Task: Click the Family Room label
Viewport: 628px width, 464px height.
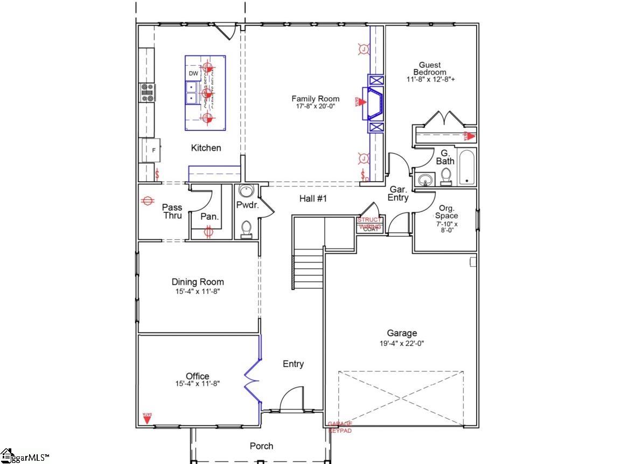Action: coord(315,99)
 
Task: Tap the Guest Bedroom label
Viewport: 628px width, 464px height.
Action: coord(429,68)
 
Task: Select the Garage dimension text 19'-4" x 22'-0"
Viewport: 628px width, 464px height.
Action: coord(402,343)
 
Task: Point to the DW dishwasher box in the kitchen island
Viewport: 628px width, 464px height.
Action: coord(193,74)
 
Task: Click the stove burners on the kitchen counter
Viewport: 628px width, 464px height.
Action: coord(146,93)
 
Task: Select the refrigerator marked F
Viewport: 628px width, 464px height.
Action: coord(150,150)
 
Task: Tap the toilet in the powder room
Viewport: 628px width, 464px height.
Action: coord(246,229)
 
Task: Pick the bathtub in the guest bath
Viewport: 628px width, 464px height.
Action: coord(467,168)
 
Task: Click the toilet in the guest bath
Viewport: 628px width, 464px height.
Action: coord(446,176)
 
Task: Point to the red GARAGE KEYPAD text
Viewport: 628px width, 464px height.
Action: coord(340,427)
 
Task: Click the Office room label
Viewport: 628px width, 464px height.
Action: coord(197,376)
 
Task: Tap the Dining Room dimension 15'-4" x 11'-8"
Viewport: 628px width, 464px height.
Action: coord(197,291)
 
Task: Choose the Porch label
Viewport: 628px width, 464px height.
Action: coord(261,446)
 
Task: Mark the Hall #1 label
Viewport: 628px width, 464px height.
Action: coord(313,199)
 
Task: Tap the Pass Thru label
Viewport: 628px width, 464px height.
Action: coord(172,211)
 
